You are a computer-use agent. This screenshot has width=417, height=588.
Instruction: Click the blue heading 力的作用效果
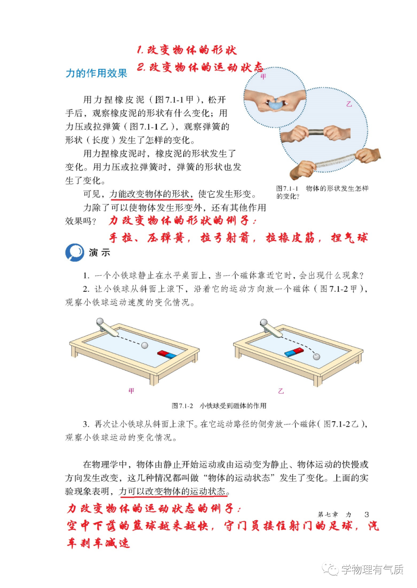[96, 73]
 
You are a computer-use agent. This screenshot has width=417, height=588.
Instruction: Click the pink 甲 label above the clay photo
[263, 77]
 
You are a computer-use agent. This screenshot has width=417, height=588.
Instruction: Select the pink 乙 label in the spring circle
[349, 104]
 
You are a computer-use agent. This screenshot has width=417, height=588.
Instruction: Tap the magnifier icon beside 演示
[75, 252]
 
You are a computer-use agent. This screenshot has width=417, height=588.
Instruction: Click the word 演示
[99, 252]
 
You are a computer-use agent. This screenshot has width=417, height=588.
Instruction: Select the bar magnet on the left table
[167, 354]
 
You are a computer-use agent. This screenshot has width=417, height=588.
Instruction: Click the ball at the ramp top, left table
[100, 321]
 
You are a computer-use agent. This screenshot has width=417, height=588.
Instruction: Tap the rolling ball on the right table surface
[316, 356]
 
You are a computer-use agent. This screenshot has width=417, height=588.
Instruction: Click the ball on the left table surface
[145, 346]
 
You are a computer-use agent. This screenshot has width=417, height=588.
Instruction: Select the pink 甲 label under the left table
[131, 391]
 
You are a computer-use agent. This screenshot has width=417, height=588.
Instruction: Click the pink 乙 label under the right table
[281, 391]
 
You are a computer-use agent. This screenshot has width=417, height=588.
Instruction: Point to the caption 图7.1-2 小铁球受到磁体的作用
[219, 406]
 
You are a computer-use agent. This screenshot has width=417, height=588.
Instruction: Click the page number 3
[367, 514]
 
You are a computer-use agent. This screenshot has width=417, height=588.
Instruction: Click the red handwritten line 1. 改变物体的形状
[186, 50]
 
